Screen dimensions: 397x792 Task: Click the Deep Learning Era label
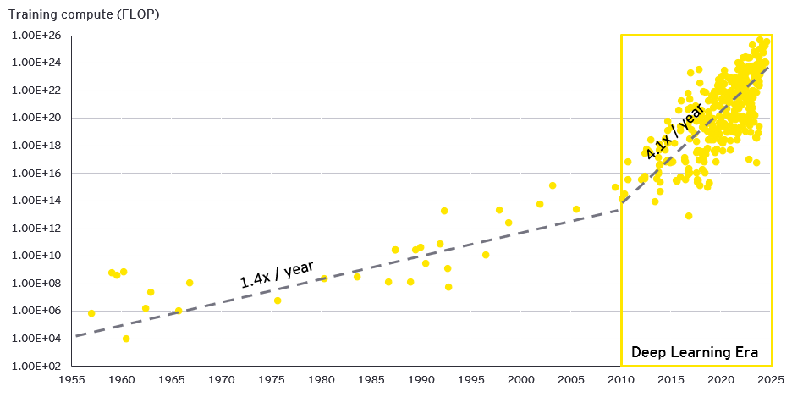694,352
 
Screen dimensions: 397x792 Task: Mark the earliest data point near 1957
91,313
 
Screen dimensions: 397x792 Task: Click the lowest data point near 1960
126,339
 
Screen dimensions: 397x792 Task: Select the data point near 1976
278,301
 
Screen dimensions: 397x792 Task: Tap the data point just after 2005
576,209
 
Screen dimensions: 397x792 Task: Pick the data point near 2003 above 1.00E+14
553,185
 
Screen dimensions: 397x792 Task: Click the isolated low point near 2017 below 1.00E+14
689,216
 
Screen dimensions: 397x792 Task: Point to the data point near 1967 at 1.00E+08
190,283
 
